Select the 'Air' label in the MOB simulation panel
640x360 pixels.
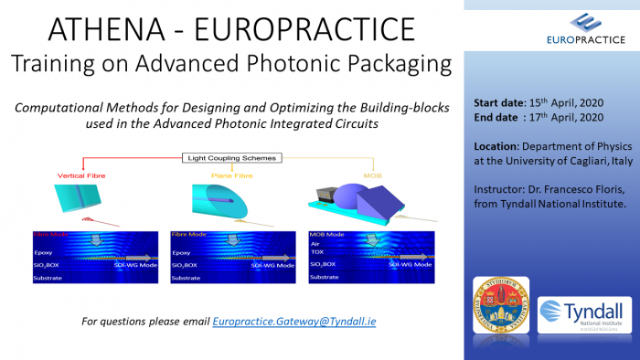point(316,244)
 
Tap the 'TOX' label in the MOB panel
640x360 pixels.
point(318,253)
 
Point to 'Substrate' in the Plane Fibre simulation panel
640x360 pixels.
point(187,277)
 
